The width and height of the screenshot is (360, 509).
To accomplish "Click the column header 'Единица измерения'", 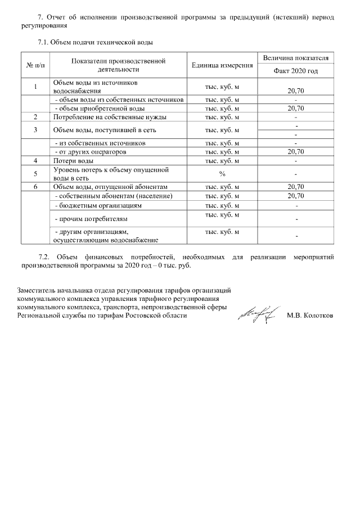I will tap(222, 65).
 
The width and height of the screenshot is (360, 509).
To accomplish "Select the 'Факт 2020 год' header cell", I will tap(295, 71).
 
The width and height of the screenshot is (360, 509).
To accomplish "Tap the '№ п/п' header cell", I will tap(35, 65).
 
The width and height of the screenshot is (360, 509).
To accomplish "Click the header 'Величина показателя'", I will tap(295, 58).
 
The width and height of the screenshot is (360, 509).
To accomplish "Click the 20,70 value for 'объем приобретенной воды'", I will tap(295, 108).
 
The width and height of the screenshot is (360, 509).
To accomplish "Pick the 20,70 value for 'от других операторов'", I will tap(295, 152).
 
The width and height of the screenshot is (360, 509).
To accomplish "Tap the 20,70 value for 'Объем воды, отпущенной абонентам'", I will tap(295, 187).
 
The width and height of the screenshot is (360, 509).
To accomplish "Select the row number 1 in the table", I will tap(35, 86).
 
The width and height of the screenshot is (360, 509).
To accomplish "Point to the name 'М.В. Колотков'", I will tap(309, 316).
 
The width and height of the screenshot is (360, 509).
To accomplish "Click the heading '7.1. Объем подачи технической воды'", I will tap(94, 42).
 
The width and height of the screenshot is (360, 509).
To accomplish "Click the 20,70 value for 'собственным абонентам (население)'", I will tap(295, 196).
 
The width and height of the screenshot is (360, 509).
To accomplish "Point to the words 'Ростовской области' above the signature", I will tap(156, 316).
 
